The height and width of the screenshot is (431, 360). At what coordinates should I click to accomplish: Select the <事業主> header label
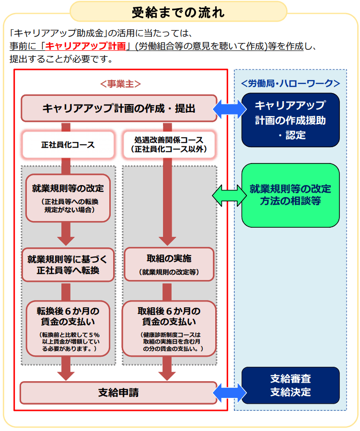pos(120,83)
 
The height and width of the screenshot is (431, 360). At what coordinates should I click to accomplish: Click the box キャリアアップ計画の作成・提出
pos(118,108)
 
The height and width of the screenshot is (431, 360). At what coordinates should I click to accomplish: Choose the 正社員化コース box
pos(67,144)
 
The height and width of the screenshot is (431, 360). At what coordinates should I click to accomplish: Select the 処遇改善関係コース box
pos(169,144)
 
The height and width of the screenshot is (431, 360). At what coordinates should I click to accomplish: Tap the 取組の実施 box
pos(169,264)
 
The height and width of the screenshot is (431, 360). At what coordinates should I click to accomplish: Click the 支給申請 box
pos(118,393)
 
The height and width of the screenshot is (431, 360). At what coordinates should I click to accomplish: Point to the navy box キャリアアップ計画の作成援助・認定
pos(290,120)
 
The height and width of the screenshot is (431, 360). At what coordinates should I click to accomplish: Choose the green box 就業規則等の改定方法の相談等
pos(290,195)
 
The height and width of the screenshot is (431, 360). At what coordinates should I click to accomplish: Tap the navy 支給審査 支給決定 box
pos(290,385)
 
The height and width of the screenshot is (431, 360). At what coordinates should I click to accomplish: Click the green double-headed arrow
pos(228,195)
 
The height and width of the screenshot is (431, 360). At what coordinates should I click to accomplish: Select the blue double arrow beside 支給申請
pos(228,393)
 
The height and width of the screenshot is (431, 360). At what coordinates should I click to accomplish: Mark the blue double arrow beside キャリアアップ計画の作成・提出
pos(228,108)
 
